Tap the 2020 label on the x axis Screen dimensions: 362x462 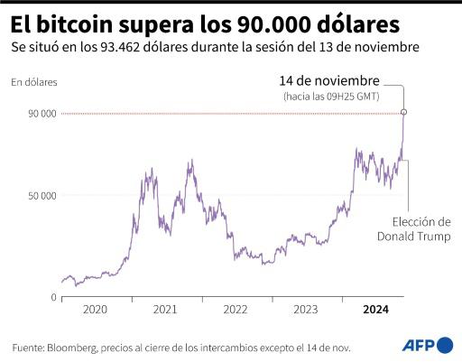click(x=95, y=309)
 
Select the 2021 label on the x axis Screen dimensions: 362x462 click(x=165, y=309)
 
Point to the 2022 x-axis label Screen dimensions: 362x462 click(x=236, y=309)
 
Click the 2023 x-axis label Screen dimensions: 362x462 click(x=306, y=309)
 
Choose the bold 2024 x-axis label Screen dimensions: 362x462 click(x=376, y=309)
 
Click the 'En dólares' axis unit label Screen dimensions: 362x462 click(x=33, y=82)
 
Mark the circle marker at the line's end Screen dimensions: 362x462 click(x=403, y=112)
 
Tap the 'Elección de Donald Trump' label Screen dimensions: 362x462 click(x=412, y=229)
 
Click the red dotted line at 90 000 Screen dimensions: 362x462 click(x=226, y=113)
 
